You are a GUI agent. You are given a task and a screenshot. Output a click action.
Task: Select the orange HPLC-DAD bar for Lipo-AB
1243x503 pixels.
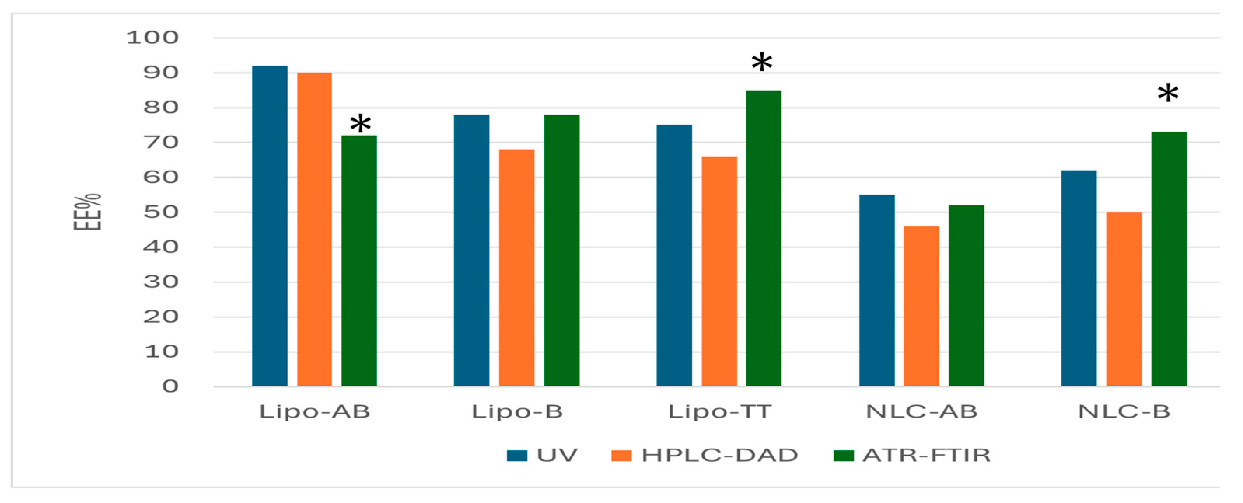(x=314, y=229)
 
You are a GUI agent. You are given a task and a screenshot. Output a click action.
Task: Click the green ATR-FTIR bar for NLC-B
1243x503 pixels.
(x=1169, y=259)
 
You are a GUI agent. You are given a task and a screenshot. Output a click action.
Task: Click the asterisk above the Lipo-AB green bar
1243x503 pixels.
(x=360, y=124)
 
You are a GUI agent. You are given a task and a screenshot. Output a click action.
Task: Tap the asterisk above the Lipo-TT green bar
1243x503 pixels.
(x=762, y=63)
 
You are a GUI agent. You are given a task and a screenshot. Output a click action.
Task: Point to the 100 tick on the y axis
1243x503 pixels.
(x=152, y=38)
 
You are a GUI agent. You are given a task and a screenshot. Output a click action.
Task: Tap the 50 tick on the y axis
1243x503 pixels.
(x=161, y=212)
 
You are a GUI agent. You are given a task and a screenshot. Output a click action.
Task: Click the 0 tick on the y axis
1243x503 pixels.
(x=170, y=386)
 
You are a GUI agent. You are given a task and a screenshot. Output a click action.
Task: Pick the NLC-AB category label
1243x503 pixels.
(x=921, y=412)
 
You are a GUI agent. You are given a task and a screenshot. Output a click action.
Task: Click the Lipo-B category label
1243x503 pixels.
(x=517, y=412)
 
